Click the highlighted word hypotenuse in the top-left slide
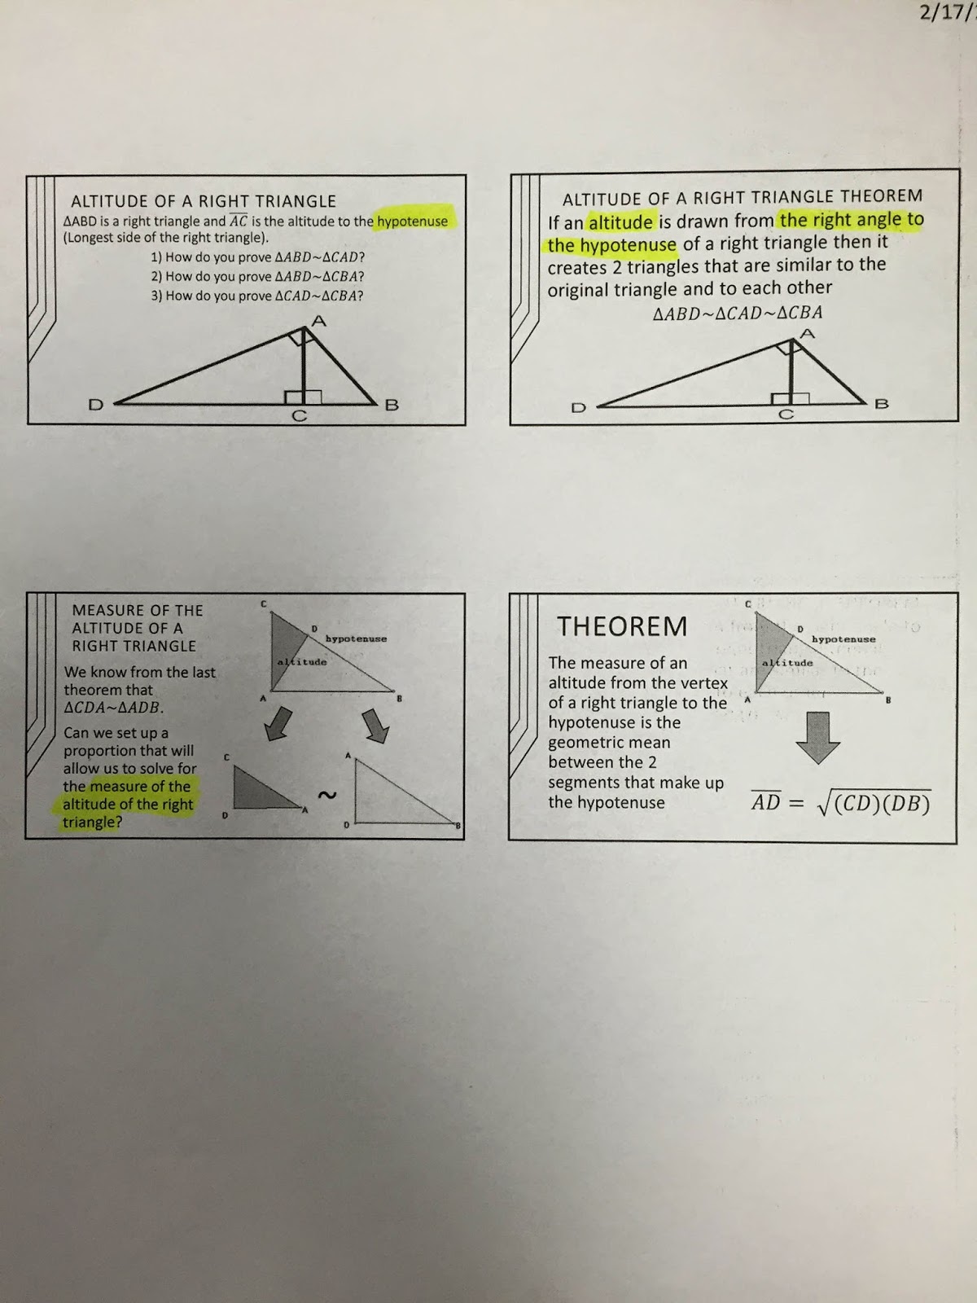pos(412,222)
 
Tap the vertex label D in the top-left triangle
pos(95,404)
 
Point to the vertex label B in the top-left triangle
pos(391,405)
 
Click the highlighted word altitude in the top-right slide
pos(620,222)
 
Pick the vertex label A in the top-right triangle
pos(807,333)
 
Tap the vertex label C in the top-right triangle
pos(786,415)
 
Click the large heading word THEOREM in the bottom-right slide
pos(622,626)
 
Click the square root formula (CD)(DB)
pos(874,803)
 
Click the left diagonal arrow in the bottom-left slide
pos(279,724)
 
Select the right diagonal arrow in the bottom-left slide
pos(375,726)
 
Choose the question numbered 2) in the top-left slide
pos(257,276)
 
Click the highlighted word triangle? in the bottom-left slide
pos(92,823)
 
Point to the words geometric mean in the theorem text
pos(609,743)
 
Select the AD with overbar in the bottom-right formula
pos(765,802)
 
